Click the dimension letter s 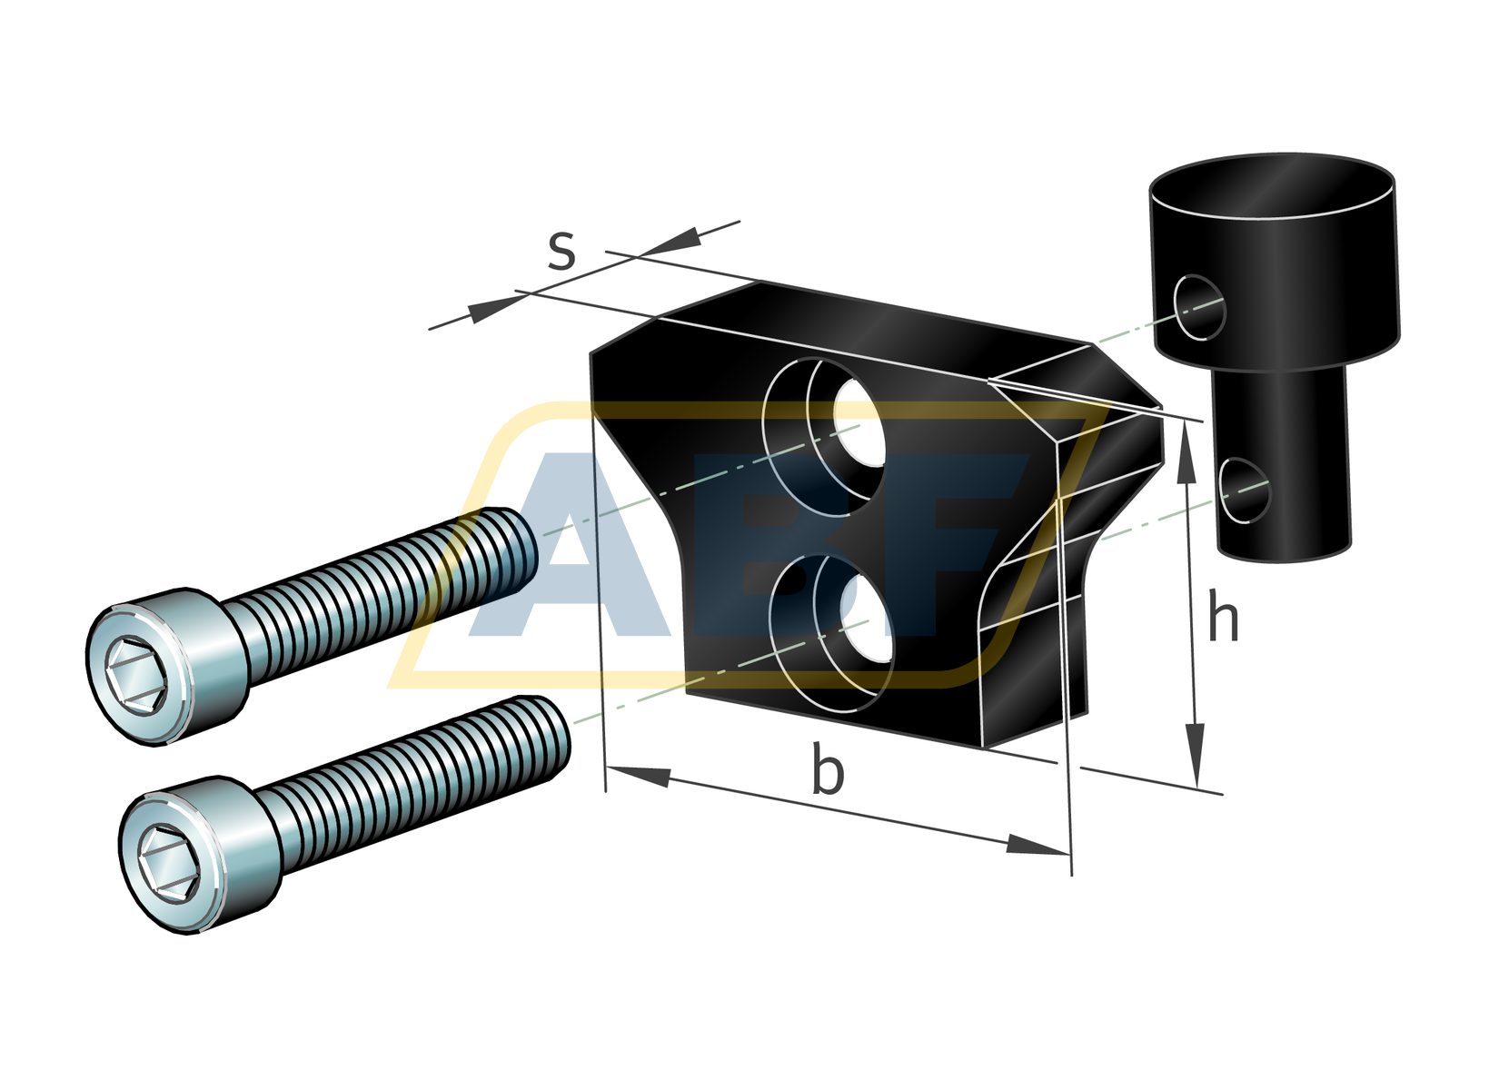(x=561, y=252)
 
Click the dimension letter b (x=827, y=771)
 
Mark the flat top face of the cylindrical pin (x=1272, y=186)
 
